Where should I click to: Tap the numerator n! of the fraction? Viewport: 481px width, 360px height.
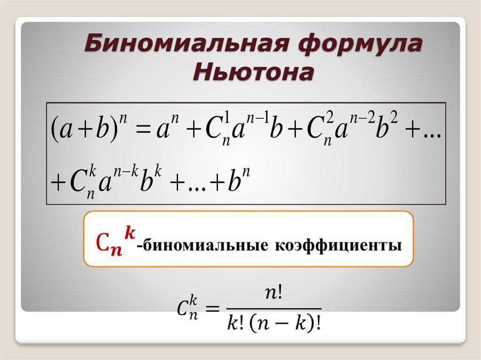pos(273,294)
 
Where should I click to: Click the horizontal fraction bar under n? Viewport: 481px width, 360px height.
pos(273,309)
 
